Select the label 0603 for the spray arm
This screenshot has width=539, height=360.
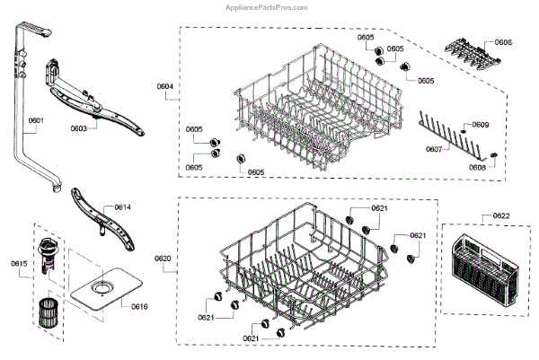(x=80, y=128)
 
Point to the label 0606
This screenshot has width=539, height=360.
(x=503, y=42)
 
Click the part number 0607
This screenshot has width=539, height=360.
(x=434, y=149)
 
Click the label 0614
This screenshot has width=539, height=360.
(x=122, y=207)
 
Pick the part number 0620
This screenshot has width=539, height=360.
(x=163, y=259)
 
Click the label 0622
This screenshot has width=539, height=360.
(x=501, y=216)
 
